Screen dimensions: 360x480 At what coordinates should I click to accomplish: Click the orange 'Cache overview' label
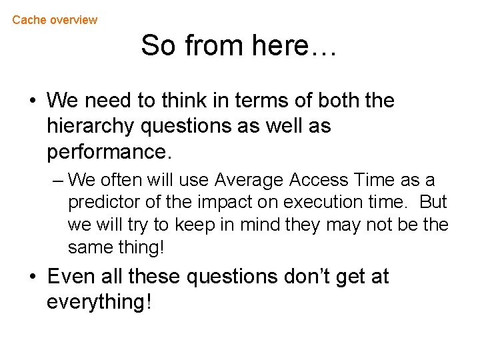(x=55, y=20)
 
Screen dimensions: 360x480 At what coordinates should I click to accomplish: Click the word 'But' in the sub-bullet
(x=433, y=203)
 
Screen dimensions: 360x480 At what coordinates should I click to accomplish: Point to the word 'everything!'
(x=99, y=302)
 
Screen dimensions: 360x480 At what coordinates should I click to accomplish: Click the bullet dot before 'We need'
(x=32, y=101)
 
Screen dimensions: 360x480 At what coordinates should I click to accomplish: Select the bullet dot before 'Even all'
(x=32, y=277)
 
